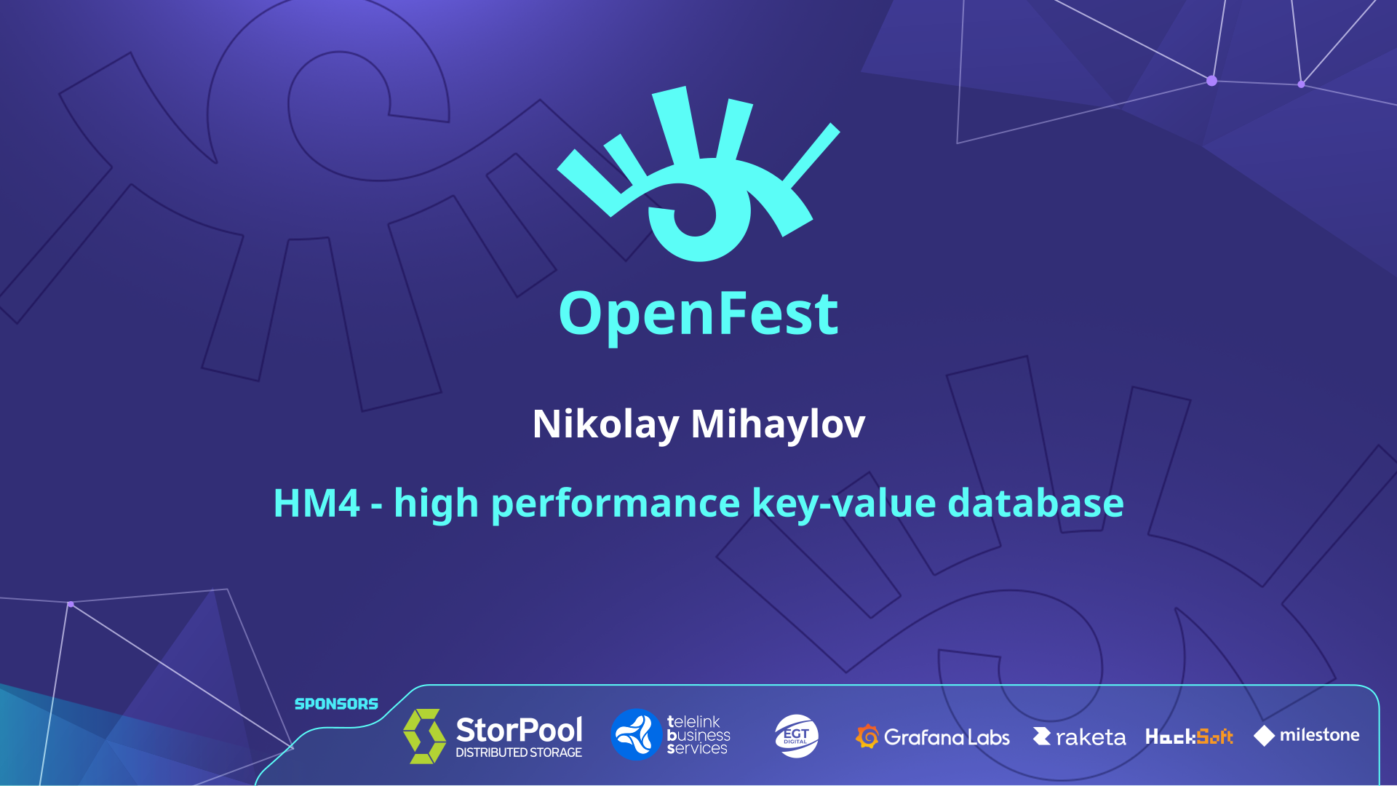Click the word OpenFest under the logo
(698, 314)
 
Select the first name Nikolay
(606, 424)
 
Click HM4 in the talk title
(317, 503)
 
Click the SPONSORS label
(336, 704)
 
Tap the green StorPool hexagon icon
(425, 736)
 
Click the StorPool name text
(519, 729)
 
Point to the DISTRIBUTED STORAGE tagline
(519, 753)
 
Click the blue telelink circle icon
(636, 734)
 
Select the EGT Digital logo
(797, 736)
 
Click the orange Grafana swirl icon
(867, 737)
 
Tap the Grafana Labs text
(947, 737)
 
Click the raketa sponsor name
(1091, 738)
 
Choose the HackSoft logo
(1189, 737)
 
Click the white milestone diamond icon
(1265, 736)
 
